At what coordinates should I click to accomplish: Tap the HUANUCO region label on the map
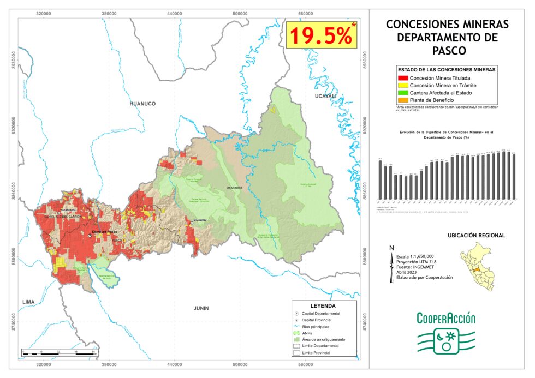coord(142,103)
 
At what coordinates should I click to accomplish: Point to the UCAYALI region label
coord(326,96)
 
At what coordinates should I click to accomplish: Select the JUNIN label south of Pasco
coord(201,308)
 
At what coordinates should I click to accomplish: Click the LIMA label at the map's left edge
coord(28,302)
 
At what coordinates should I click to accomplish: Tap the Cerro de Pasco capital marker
coord(90,236)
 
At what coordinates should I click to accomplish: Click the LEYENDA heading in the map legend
coord(323,306)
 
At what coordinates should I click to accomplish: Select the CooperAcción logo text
coord(446,319)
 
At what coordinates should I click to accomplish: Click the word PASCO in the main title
coord(447,50)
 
